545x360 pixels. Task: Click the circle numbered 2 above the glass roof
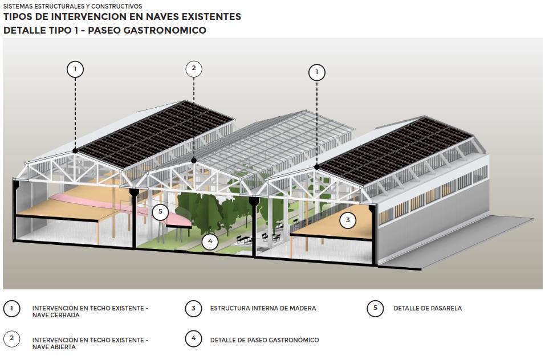click(194, 69)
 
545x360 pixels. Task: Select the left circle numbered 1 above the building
click(75, 69)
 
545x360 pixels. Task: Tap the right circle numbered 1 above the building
click(316, 72)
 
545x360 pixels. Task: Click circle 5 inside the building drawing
click(161, 212)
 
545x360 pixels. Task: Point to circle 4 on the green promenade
click(210, 242)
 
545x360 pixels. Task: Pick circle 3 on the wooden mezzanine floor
click(348, 220)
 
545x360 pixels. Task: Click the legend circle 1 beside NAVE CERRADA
click(12, 309)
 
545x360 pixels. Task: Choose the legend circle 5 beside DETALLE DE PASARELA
click(375, 308)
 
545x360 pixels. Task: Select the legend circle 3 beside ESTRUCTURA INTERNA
click(193, 308)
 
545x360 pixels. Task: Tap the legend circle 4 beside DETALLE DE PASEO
click(193, 338)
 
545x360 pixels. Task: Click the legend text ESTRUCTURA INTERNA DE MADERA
click(263, 308)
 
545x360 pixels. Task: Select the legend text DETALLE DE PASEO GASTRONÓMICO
click(265, 340)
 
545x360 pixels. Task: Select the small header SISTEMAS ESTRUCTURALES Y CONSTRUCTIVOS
click(72, 6)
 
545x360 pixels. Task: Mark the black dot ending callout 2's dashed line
click(194, 161)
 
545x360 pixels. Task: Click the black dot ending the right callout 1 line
click(316, 167)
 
